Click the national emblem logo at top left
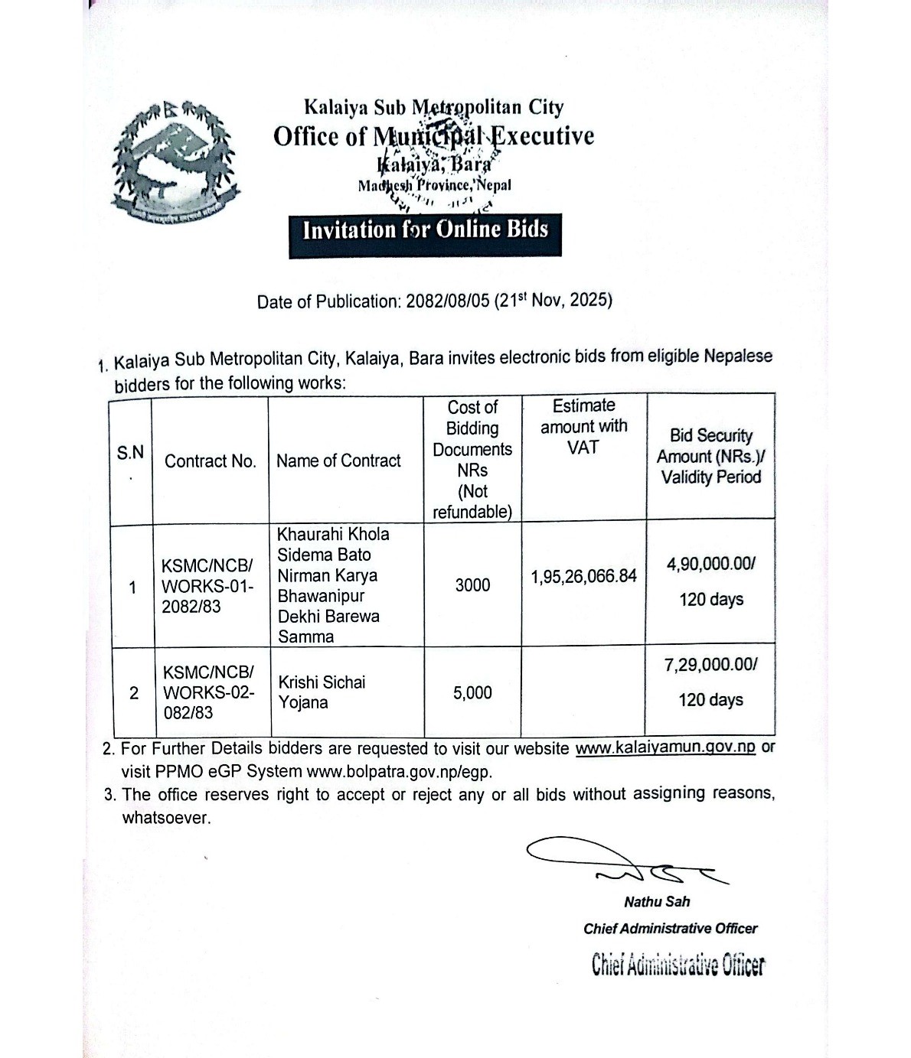coord(175,162)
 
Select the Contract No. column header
coord(210,461)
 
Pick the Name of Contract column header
coord(338,461)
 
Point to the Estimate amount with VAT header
coord(583,426)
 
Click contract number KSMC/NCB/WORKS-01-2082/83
coord(207,586)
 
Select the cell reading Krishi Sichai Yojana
coord(322,692)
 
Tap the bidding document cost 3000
coord(472,585)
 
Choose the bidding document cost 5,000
coord(472,693)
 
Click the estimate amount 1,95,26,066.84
coord(583,576)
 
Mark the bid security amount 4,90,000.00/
coord(710,565)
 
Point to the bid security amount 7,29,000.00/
coord(710,664)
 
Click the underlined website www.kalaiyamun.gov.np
coord(665,748)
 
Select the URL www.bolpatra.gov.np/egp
coord(399,771)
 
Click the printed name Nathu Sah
coord(657,902)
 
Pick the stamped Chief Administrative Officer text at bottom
coord(678,965)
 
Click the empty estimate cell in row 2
coord(583,692)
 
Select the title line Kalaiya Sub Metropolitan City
coord(433,108)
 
